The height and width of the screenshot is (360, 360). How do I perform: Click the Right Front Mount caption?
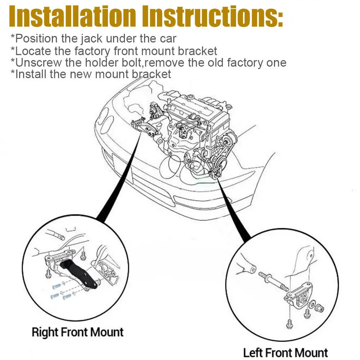pyautogui.click(x=77, y=332)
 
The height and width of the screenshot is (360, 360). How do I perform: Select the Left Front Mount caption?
pyautogui.click(x=285, y=352)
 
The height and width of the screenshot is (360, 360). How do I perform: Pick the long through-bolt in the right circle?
pyautogui.click(x=272, y=280)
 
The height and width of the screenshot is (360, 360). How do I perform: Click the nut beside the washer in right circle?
pyautogui.click(x=319, y=308)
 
